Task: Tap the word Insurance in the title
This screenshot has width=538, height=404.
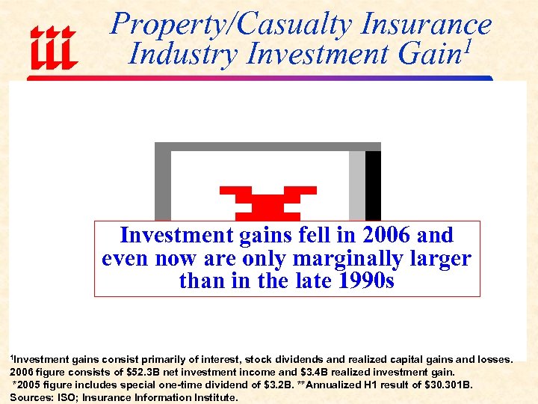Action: (425, 25)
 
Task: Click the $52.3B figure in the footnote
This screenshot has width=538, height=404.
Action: (143, 373)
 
